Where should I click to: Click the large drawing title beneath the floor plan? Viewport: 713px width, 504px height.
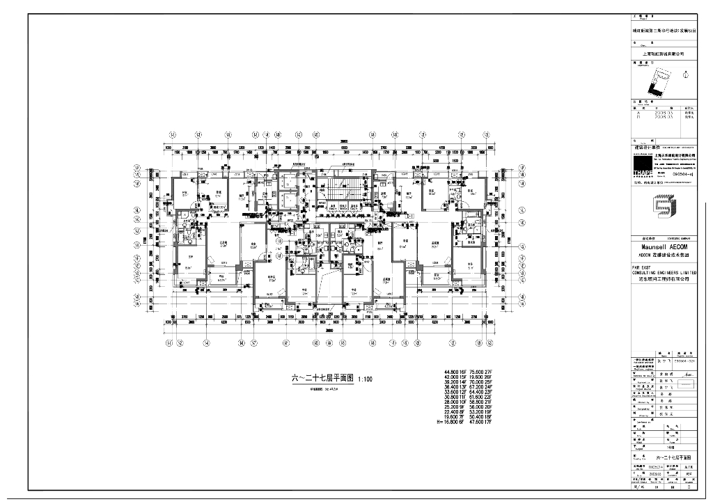(322, 379)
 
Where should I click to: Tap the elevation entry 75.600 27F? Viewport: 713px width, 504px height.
(481, 372)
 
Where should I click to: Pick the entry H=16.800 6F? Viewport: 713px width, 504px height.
(450, 421)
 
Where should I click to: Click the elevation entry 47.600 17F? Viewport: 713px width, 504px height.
(481, 421)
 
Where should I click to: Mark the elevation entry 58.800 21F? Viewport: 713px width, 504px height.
(481, 402)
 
